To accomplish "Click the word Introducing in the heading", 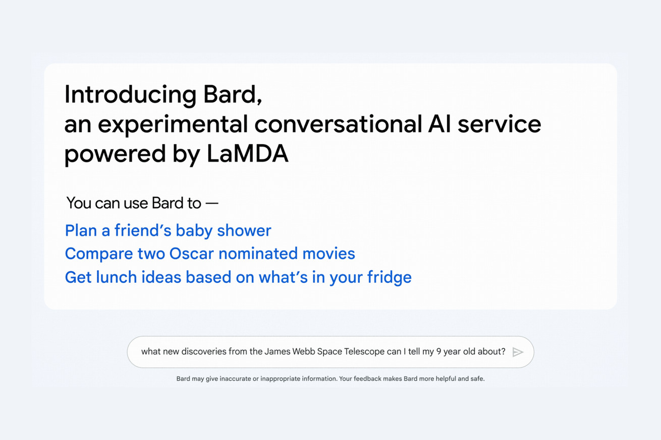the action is pos(130,95).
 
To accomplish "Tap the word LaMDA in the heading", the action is pos(247,154).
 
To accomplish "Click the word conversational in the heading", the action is pos(339,124).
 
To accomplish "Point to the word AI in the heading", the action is pos(439,124).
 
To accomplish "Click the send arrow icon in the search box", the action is pos(518,352).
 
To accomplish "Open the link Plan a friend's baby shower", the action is pos(168,230).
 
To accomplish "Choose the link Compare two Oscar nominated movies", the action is pos(210,254).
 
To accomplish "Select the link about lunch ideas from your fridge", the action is pos(238,278).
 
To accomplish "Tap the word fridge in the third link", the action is pos(389,278).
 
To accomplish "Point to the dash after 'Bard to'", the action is pos(212,203).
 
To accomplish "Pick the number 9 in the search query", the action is pos(439,352).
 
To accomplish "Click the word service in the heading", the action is pos(500,124).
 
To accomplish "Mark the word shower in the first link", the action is pos(244,230).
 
